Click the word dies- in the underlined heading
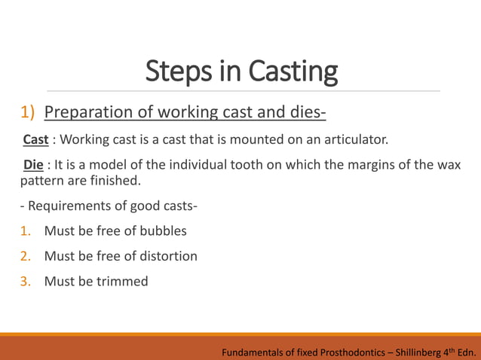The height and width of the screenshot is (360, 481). [x=305, y=113]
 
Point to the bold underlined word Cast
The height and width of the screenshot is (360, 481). [x=35, y=140]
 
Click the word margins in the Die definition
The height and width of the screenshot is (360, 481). [x=347, y=166]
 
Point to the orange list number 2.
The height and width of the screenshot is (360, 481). [x=25, y=256]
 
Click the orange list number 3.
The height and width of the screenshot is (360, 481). [x=25, y=282]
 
